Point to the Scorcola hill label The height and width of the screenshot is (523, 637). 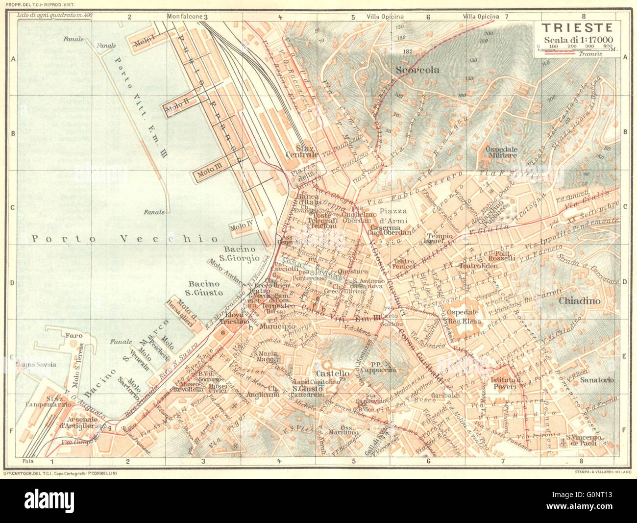[418, 70]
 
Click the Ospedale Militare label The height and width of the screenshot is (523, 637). [501, 151]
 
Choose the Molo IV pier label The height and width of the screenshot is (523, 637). [241, 227]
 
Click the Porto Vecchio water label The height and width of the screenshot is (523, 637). [124, 239]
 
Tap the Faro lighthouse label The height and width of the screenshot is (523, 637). [72, 336]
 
